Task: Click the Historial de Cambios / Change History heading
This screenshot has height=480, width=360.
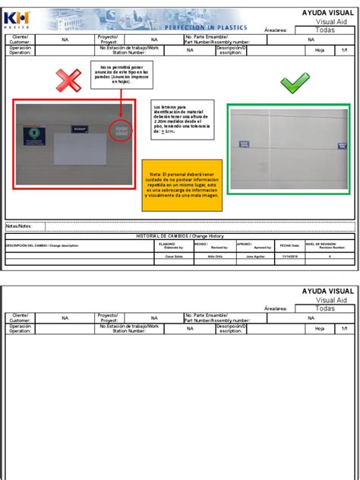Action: (180, 236)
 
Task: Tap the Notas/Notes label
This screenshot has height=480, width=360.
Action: (20, 226)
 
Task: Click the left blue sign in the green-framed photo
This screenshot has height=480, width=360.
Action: (244, 142)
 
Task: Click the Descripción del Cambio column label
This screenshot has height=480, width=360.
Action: (43, 245)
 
